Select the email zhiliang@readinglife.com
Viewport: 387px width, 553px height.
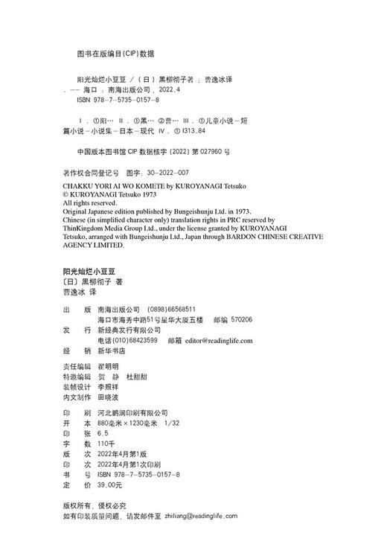pos(200,515)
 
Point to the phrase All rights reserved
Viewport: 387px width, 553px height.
pos(90,202)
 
